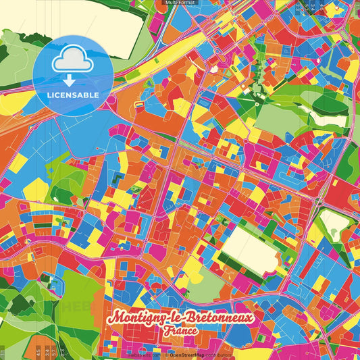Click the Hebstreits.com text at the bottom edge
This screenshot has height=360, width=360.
click(x=143, y=354)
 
